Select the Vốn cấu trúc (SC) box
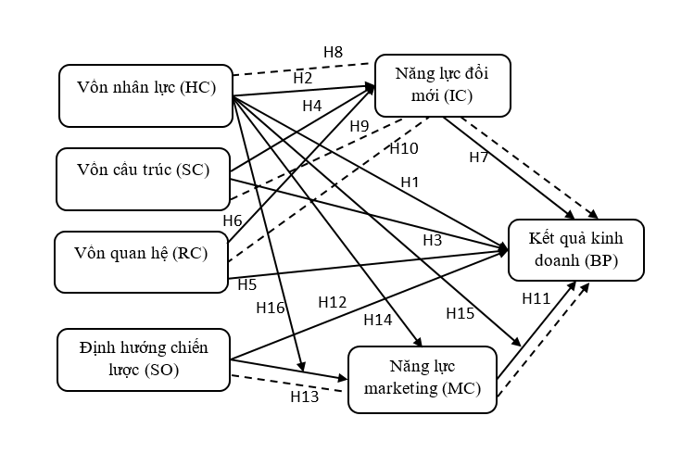click(x=142, y=178)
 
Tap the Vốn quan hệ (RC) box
click(x=141, y=261)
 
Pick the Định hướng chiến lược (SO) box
click(x=144, y=359)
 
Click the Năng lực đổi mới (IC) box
click(x=443, y=84)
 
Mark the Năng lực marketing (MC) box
click(x=423, y=378)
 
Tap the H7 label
click(x=479, y=157)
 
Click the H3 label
click(x=433, y=240)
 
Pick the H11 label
click(x=536, y=299)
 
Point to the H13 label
click(x=304, y=397)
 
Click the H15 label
click(x=461, y=313)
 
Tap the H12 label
click(x=332, y=301)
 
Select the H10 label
click(x=403, y=148)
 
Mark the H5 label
click(x=246, y=283)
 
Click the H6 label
click(x=233, y=220)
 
